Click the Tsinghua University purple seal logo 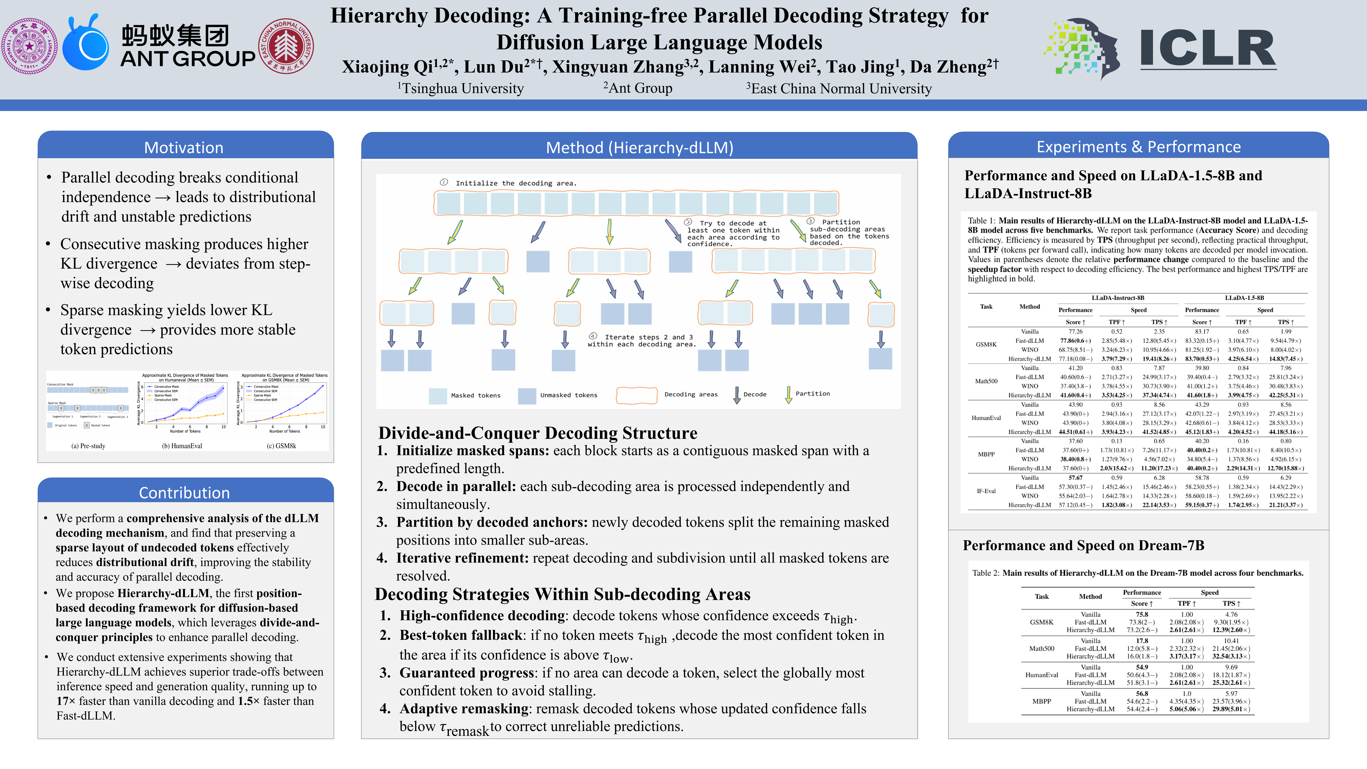(x=30, y=46)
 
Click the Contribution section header (x=184, y=492)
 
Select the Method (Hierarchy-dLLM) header (x=639, y=148)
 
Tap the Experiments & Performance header (x=1138, y=147)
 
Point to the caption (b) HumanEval (x=182, y=446)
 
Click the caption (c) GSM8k (x=281, y=446)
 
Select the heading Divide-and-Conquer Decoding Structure (x=537, y=433)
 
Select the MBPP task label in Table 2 (x=1041, y=701)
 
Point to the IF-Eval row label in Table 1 (x=986, y=491)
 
